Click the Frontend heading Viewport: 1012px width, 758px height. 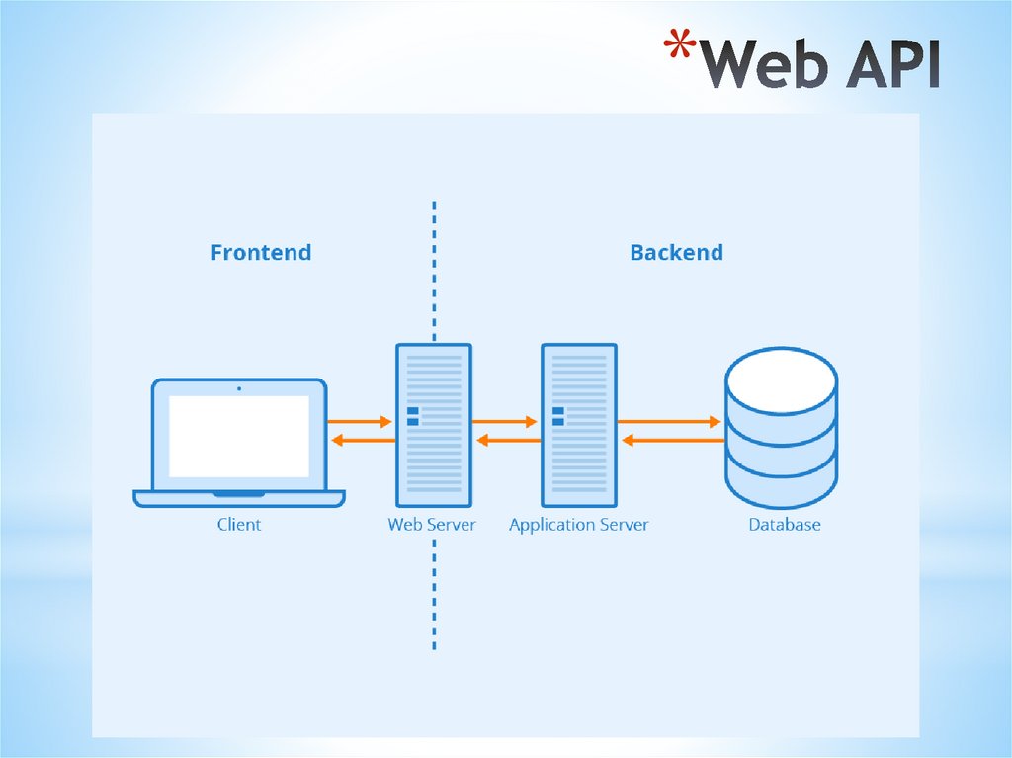[x=261, y=253]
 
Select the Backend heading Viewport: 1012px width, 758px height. [x=676, y=253]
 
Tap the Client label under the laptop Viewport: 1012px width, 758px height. [x=239, y=525]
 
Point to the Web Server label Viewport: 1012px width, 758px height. [x=432, y=525]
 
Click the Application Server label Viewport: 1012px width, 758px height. [x=579, y=525]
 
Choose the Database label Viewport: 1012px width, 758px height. [x=785, y=525]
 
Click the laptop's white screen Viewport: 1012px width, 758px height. [x=239, y=436]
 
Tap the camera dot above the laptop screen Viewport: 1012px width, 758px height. [x=239, y=388]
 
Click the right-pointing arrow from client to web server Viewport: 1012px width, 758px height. [x=361, y=422]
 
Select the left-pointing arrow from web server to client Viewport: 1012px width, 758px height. [x=361, y=440]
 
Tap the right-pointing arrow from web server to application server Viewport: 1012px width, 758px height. [x=506, y=422]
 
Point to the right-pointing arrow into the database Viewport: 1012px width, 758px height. [x=671, y=422]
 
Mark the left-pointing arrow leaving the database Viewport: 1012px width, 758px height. [x=671, y=440]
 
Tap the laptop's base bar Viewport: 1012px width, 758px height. [x=239, y=499]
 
